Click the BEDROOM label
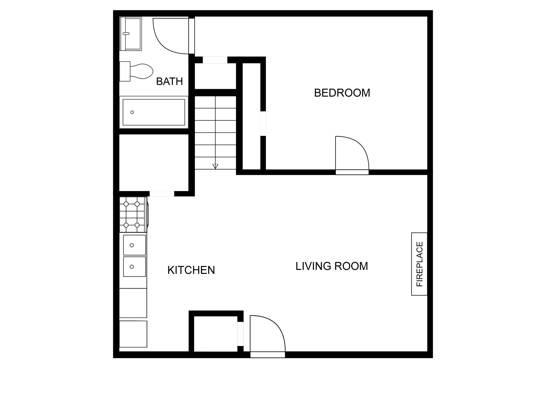(x=342, y=93)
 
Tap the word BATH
(x=169, y=82)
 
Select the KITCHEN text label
(x=191, y=270)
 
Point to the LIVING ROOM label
(x=332, y=266)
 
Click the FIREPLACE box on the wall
(x=419, y=264)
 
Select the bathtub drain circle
(x=132, y=112)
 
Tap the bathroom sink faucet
(x=126, y=34)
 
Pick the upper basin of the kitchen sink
(x=135, y=245)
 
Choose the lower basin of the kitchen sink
(x=135, y=267)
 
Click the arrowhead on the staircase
(x=215, y=166)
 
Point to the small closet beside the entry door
(x=215, y=334)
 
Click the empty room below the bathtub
(x=154, y=162)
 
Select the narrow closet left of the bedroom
(x=251, y=117)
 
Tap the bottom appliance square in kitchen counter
(x=133, y=334)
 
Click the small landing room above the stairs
(x=215, y=76)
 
